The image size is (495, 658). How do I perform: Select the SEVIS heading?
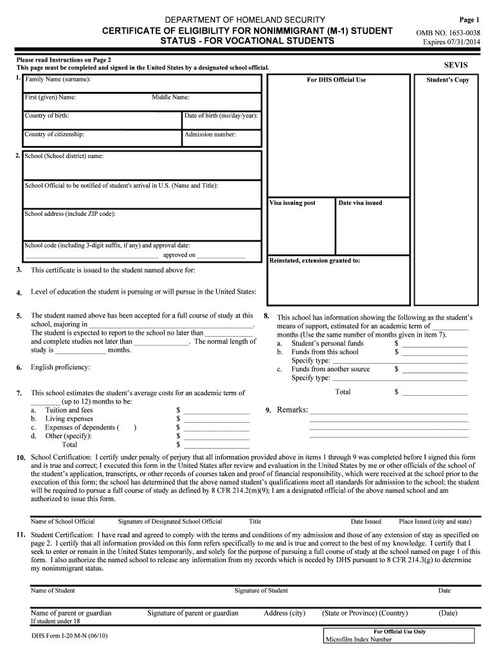(456, 66)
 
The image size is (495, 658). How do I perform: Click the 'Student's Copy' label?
(447, 80)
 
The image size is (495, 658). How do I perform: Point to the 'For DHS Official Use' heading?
(337, 80)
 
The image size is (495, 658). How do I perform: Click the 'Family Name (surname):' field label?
(58, 80)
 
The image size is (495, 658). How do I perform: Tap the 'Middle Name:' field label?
(170, 98)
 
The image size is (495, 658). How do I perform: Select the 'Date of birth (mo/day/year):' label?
(221, 116)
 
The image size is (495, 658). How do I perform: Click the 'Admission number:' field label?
(210, 135)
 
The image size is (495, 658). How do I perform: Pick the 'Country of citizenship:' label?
(55, 135)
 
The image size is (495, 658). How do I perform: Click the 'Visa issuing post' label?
(292, 203)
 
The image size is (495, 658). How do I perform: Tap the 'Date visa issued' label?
(360, 203)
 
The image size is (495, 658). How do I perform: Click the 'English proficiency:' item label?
(60, 368)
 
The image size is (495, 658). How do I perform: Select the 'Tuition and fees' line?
(69, 410)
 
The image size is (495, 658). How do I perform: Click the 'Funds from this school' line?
(325, 352)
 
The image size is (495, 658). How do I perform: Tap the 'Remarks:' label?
(292, 410)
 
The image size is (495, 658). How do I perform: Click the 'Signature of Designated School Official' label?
(170, 522)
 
